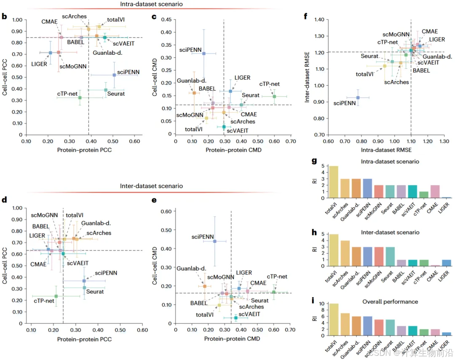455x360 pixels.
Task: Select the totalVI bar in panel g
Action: (334, 182)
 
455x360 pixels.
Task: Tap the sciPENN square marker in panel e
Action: (215, 241)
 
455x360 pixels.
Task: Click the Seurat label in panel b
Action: (116, 94)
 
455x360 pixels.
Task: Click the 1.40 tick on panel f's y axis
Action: (318, 20)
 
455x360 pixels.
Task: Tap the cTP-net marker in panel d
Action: (56, 296)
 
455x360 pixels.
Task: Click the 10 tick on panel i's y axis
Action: (321, 304)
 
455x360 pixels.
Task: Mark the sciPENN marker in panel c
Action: (204, 54)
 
